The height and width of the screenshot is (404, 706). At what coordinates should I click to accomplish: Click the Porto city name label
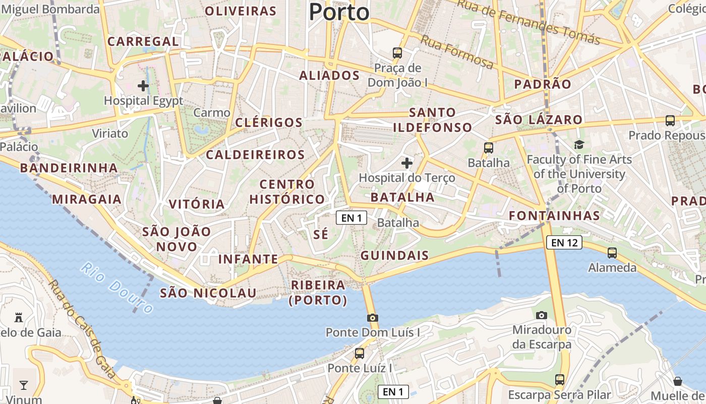pos(339,12)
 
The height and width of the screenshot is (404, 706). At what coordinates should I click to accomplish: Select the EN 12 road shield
pos(564,243)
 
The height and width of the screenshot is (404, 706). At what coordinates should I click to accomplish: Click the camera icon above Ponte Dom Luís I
pos(373,318)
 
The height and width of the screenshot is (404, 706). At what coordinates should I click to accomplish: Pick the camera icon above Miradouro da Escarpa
pos(542,315)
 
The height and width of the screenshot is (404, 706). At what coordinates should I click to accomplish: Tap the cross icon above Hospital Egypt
pos(143,86)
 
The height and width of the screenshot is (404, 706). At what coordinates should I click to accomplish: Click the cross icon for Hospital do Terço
pos(407,163)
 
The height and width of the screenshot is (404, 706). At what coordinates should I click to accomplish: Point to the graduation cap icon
pos(579,145)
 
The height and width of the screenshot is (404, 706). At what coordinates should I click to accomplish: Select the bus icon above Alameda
pos(612,252)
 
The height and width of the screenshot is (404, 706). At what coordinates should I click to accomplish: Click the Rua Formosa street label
pos(457,52)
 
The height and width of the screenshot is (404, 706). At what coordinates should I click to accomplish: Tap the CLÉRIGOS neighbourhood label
pos(269,123)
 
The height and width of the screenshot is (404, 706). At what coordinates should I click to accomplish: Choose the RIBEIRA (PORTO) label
pos(318,292)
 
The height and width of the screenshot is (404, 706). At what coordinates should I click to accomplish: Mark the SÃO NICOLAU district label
pos(208,293)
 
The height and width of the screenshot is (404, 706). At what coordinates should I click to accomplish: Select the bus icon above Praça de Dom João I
pos(397,53)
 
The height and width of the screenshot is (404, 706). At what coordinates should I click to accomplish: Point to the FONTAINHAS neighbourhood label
pos(554,216)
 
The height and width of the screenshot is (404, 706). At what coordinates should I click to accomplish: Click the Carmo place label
pos(212,113)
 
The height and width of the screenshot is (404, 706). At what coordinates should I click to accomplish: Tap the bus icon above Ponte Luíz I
pos(360,353)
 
